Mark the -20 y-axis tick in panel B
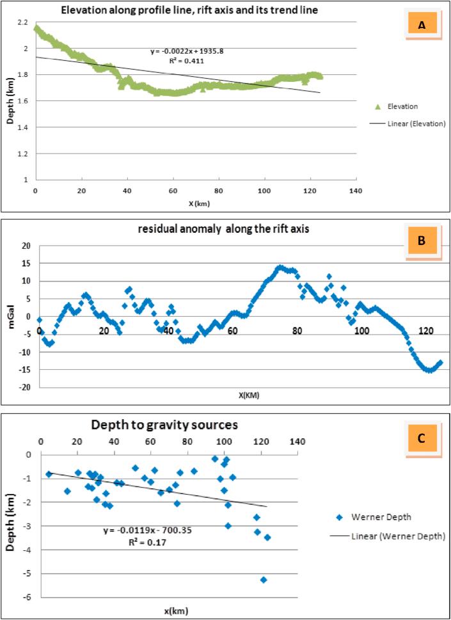click(26, 387)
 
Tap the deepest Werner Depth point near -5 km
click(263, 580)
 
